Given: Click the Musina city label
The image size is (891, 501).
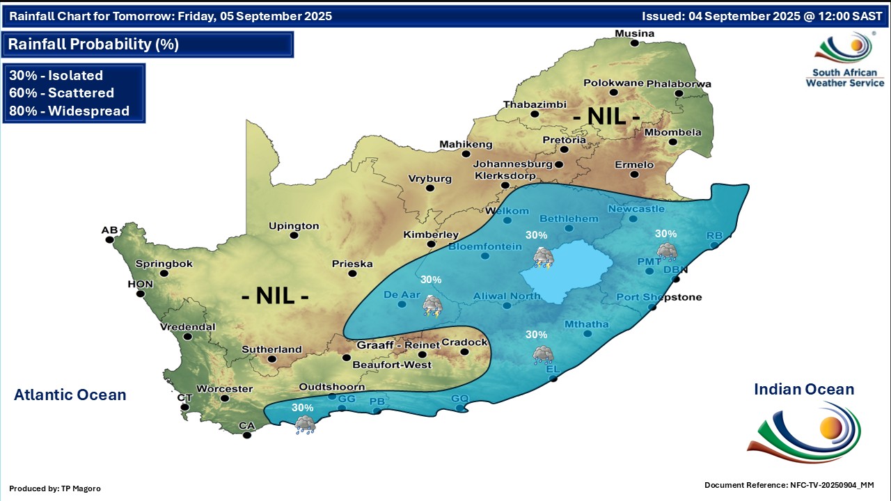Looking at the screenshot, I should pyautogui.click(x=633, y=33).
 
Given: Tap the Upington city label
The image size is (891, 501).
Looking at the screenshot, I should pyautogui.click(x=294, y=225).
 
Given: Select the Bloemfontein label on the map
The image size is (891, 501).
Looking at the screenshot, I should pyautogui.click(x=484, y=246).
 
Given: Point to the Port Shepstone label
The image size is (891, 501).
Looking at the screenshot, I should pyautogui.click(x=659, y=297).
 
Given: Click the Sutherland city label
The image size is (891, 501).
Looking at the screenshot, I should pyautogui.click(x=271, y=349).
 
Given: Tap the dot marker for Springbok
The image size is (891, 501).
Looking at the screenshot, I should pyautogui.click(x=164, y=273).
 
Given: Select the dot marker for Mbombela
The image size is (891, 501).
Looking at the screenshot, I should pyautogui.click(x=672, y=142).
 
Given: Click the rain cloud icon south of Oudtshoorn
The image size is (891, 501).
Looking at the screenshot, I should pyautogui.click(x=304, y=424).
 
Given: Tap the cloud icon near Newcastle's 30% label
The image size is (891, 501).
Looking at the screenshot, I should pyautogui.click(x=666, y=250).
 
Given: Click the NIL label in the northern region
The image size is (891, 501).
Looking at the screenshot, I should pyautogui.click(x=606, y=116).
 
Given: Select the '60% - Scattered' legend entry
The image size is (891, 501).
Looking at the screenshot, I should pyautogui.click(x=61, y=93).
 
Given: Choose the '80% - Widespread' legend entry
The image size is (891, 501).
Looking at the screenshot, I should pyautogui.click(x=69, y=111).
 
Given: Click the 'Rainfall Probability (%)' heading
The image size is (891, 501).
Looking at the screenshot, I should pyautogui.click(x=93, y=45).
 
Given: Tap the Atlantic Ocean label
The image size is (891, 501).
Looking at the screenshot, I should pyautogui.click(x=70, y=395).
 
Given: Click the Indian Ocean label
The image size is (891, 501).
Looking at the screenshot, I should pyautogui.click(x=804, y=390).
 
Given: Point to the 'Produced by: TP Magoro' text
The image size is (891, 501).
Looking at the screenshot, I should pyautogui.click(x=55, y=488).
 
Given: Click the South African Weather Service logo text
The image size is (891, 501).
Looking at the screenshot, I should pyautogui.click(x=844, y=77).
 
